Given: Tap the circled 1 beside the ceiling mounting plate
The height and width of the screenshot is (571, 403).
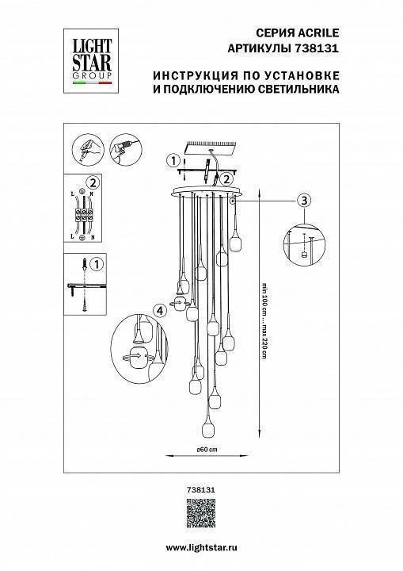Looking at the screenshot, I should (x=171, y=161).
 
